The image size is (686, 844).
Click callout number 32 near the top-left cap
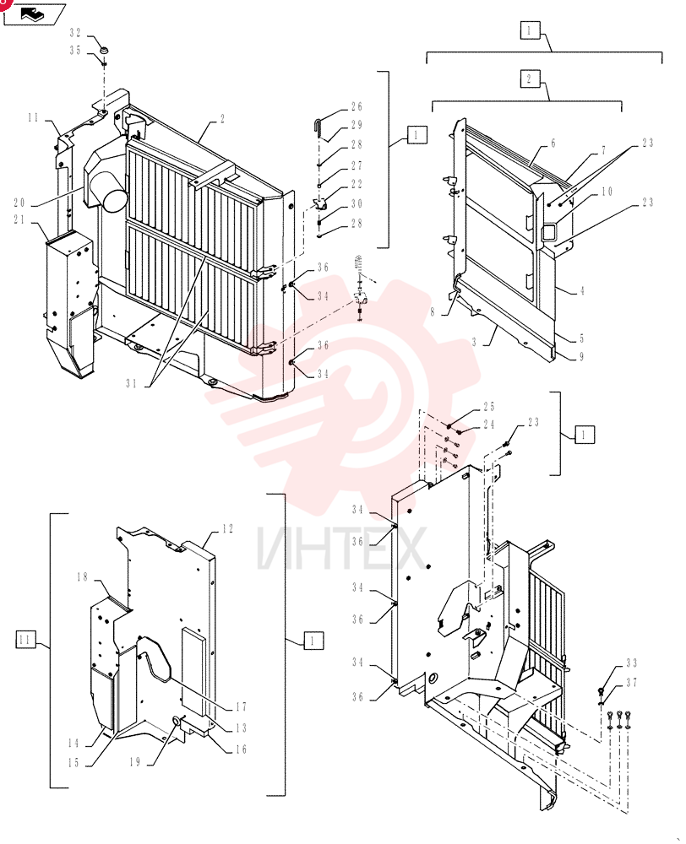(75, 34)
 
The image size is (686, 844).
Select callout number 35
(75, 50)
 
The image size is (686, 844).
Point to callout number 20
(19, 203)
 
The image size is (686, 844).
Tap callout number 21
(19, 219)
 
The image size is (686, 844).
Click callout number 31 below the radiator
(132, 383)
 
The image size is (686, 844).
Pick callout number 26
(357, 106)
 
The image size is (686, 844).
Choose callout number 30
(357, 203)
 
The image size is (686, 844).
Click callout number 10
(607, 192)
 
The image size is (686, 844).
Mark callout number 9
(581, 356)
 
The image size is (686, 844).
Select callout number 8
(433, 313)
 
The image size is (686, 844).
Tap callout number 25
(489, 407)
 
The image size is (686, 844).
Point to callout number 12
(227, 528)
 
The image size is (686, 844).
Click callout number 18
(82, 577)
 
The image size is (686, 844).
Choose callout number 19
(134, 761)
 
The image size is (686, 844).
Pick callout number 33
(632, 663)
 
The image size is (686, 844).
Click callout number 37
(632, 683)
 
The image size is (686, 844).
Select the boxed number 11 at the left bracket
(24, 640)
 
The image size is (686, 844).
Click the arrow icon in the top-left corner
(34, 14)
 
